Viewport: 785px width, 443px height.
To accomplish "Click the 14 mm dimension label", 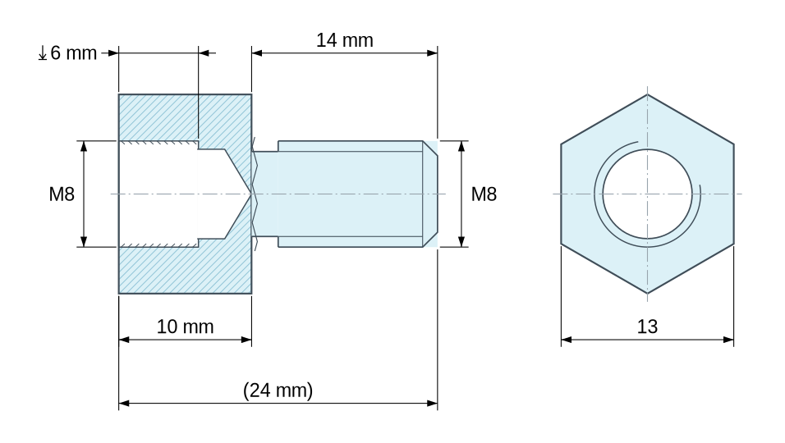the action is point(344,40).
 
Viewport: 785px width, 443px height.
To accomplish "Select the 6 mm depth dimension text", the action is point(73,53).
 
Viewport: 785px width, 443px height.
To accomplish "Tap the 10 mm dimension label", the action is point(186,327).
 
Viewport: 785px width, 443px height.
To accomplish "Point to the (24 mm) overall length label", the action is point(278,390).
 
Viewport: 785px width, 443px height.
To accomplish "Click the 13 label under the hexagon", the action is point(647,327).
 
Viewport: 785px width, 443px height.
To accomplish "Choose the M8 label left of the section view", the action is point(62,194).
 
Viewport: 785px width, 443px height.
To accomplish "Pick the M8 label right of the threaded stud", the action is point(484,194).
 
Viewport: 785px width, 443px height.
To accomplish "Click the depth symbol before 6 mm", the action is point(43,53).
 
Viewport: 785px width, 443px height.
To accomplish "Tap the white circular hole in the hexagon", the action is point(647,194).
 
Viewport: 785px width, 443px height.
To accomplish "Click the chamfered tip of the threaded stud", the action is point(430,194).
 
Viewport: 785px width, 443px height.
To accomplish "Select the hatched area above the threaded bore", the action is point(185,118).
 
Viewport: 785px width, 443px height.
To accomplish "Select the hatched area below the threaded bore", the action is point(185,270).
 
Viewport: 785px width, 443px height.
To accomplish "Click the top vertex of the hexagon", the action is point(647,94).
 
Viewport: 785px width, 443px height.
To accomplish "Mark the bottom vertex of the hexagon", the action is point(647,294).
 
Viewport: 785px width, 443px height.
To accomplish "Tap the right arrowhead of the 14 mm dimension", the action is point(433,53).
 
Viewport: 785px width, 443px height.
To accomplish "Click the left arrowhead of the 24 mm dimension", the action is point(124,403).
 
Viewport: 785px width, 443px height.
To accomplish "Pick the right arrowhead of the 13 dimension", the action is point(728,340).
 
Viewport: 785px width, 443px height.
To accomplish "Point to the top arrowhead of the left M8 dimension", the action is point(84,147).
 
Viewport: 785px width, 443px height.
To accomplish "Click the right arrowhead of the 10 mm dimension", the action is point(246,340).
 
